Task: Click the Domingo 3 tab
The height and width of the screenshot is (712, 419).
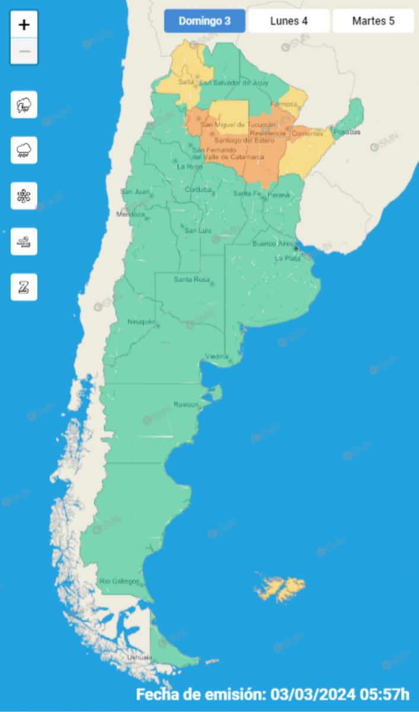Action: click(x=204, y=21)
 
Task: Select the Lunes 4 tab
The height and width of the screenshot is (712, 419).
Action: click(x=289, y=21)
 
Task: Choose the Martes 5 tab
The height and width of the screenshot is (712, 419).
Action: click(x=373, y=21)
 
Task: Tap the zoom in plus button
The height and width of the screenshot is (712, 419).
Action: click(x=24, y=25)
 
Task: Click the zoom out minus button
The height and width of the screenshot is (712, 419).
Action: click(x=24, y=51)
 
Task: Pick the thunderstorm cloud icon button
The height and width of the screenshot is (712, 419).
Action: click(x=24, y=105)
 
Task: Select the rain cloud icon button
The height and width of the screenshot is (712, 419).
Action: click(x=24, y=150)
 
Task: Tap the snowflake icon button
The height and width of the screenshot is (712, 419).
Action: click(x=24, y=196)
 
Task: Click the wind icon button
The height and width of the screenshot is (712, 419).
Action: click(x=24, y=241)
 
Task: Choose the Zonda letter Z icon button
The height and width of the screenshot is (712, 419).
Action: click(x=24, y=287)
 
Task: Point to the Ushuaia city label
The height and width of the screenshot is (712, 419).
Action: click(x=139, y=657)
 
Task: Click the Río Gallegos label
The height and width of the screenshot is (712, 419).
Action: click(x=119, y=581)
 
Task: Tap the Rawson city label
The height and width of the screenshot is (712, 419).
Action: click(x=182, y=404)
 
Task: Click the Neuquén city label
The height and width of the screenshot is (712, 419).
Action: click(x=141, y=322)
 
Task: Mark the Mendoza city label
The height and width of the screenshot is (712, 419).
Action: click(x=130, y=214)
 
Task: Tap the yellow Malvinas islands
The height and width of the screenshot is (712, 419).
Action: click(x=280, y=587)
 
